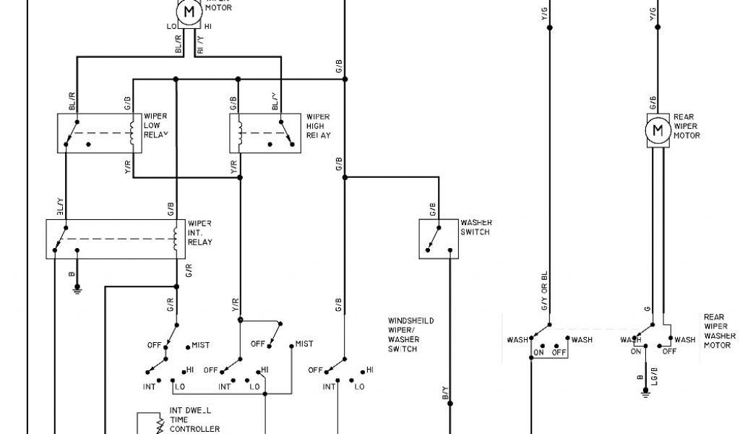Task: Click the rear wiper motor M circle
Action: click(x=658, y=131)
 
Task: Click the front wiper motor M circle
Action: click(x=189, y=12)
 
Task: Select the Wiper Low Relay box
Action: click(x=100, y=132)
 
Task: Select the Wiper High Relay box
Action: click(x=265, y=132)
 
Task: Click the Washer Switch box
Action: click(x=439, y=238)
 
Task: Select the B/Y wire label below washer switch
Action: click(x=445, y=395)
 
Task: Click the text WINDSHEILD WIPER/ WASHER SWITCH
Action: click(x=411, y=334)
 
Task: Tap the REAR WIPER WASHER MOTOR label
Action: click(x=719, y=331)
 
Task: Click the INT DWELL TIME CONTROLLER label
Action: click(x=194, y=420)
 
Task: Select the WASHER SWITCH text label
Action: click(x=476, y=227)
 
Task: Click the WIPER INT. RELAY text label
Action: click(x=199, y=233)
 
